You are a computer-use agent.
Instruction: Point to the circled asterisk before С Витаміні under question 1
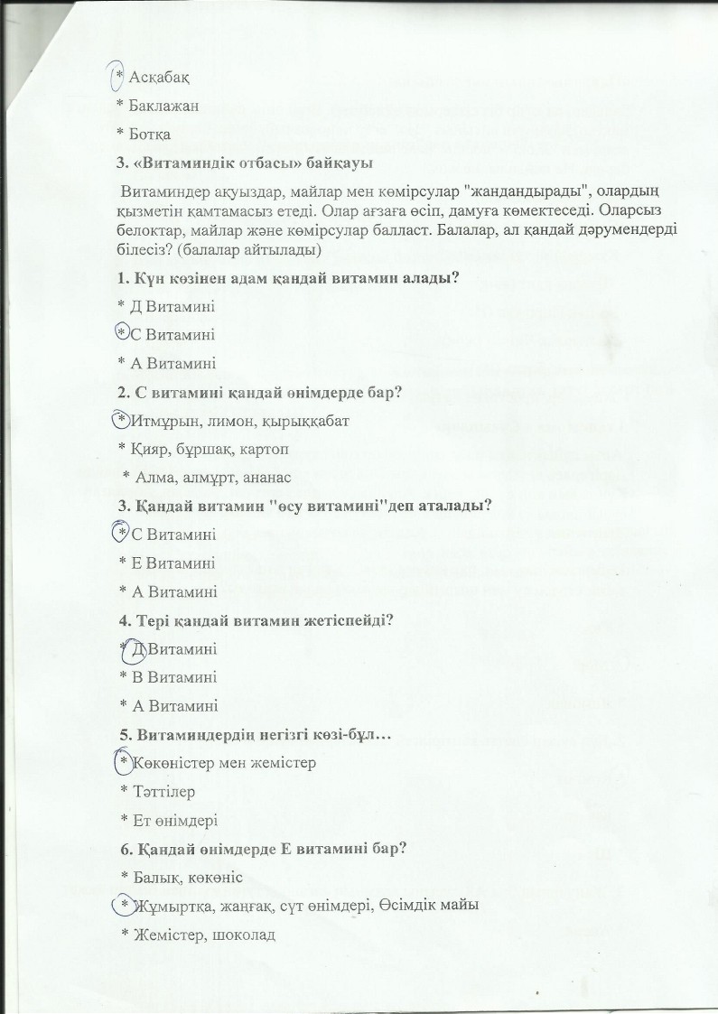coord(122,334)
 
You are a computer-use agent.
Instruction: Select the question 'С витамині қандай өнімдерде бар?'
coord(260,392)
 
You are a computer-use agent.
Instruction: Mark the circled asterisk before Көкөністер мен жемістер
coord(125,763)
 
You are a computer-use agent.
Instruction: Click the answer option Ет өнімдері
coord(170,819)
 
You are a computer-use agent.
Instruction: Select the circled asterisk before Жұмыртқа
coord(125,904)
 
